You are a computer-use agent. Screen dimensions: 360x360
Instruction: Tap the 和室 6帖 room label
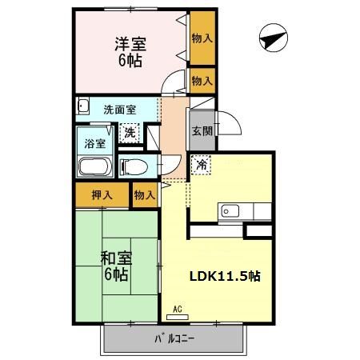click(118, 265)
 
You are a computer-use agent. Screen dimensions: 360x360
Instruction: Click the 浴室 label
click(95, 145)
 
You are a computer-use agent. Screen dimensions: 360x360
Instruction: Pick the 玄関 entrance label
click(201, 131)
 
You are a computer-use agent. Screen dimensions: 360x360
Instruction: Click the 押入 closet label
click(100, 194)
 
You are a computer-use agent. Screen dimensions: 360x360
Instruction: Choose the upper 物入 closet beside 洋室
click(202, 38)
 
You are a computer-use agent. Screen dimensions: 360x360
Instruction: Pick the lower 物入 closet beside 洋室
click(202, 80)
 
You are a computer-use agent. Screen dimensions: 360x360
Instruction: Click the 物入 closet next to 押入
click(144, 194)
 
